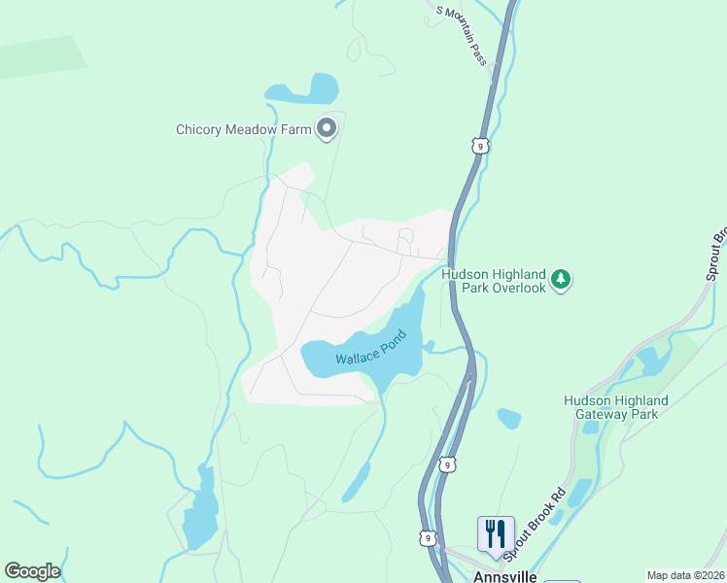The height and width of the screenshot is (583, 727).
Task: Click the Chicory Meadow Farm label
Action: coord(243,129)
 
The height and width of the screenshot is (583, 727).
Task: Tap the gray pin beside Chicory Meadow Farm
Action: coord(327,128)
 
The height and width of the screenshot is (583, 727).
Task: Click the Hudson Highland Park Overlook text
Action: coord(493,281)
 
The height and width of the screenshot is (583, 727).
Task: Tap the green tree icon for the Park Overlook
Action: coord(560,281)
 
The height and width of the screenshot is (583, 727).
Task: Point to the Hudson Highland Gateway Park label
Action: coord(615,407)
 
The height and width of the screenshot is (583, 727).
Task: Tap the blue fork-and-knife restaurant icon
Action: coord(496,533)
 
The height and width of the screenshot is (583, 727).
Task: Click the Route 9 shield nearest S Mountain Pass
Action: coord(479,146)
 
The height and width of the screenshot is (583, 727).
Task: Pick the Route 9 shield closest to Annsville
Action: coord(428,537)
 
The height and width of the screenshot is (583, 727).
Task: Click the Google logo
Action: coord(32,571)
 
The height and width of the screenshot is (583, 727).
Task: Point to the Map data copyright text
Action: coord(686,575)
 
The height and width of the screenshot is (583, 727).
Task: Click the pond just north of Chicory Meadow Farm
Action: coord(310,90)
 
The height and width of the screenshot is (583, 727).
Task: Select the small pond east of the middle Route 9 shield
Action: coord(508,419)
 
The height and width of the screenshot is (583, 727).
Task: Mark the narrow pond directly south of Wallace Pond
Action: coord(357,483)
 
